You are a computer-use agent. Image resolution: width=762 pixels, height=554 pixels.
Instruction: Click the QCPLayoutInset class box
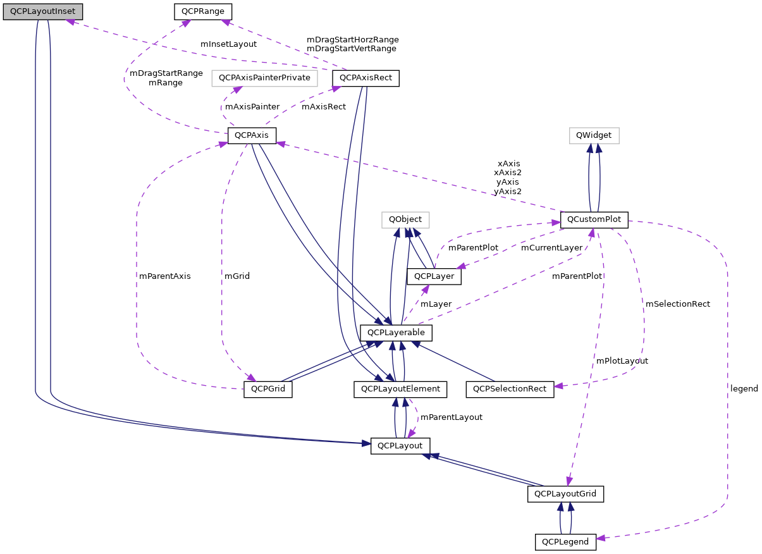click(42, 11)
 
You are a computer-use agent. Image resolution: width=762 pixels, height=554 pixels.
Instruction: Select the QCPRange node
click(202, 11)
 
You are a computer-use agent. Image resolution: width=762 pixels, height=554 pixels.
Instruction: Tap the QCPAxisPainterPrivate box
click(264, 78)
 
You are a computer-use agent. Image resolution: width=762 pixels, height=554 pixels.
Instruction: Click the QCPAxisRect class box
click(366, 78)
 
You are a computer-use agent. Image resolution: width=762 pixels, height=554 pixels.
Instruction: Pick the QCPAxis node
click(251, 135)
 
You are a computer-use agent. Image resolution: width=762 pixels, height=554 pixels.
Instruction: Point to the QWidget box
click(594, 135)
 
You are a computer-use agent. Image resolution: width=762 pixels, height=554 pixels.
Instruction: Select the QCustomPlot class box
click(594, 219)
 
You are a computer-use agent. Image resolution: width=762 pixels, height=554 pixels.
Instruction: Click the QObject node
click(405, 219)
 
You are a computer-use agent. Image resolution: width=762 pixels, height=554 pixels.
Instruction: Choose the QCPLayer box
click(434, 276)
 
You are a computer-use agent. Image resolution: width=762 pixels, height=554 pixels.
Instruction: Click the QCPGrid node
click(268, 389)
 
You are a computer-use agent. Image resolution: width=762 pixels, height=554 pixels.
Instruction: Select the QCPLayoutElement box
click(400, 389)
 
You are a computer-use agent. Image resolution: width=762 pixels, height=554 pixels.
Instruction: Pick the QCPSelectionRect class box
click(510, 389)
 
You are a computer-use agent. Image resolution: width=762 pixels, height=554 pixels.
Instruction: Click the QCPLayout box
click(400, 445)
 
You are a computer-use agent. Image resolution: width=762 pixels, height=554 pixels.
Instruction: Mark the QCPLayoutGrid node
click(565, 493)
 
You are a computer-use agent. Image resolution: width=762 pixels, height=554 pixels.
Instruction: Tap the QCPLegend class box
click(565, 541)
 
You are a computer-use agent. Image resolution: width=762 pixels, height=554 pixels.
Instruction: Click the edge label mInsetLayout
click(228, 44)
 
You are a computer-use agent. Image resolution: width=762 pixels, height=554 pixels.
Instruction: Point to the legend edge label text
click(744, 388)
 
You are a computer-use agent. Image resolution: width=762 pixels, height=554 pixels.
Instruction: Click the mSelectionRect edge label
click(677, 304)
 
